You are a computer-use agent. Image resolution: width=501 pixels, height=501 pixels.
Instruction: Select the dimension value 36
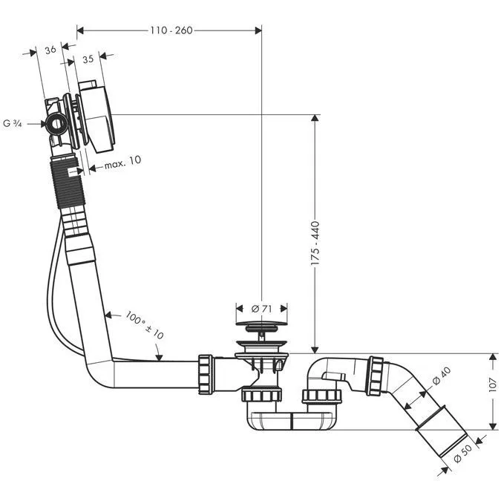point(50,50)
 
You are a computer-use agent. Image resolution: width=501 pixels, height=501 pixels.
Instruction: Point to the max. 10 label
point(122,160)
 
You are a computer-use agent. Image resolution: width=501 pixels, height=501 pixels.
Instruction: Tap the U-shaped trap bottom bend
point(290,421)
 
